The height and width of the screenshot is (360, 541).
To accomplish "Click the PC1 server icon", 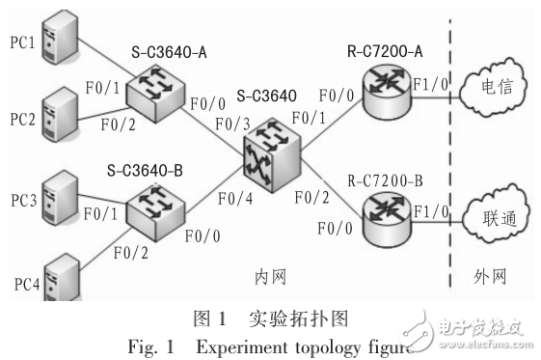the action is pyautogui.click(x=60, y=37).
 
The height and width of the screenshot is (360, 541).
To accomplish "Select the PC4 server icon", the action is pyautogui.click(x=63, y=277).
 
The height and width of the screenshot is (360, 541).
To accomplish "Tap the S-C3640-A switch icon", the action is pyautogui.click(x=155, y=94).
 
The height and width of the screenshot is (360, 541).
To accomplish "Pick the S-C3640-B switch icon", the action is pyautogui.click(x=155, y=212).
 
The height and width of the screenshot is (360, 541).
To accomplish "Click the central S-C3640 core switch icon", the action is pyautogui.click(x=272, y=154).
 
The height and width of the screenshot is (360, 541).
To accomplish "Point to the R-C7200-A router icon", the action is pyautogui.click(x=387, y=93).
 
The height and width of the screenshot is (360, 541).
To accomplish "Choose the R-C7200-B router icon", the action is pyautogui.click(x=387, y=219).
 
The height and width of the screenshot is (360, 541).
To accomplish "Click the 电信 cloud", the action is pyautogui.click(x=494, y=86).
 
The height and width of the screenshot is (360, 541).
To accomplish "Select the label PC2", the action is pyautogui.click(x=23, y=120).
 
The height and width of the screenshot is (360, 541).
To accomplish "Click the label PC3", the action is pyautogui.click(x=24, y=201).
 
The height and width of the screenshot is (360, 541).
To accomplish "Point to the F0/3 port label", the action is pyautogui.click(x=233, y=125).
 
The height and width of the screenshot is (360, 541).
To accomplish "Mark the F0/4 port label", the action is pyautogui.click(x=235, y=199).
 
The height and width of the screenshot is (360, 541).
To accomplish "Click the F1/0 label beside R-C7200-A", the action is pyautogui.click(x=431, y=84).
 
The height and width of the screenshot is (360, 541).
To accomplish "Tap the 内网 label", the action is pyautogui.click(x=270, y=277).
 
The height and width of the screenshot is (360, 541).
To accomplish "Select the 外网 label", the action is pyautogui.click(x=490, y=276).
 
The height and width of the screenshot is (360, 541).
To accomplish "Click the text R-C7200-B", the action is pyautogui.click(x=385, y=180).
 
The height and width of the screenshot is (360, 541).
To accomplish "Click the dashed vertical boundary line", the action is pyautogui.click(x=450, y=153).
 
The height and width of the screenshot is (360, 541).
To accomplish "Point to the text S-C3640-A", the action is pyautogui.click(x=169, y=52).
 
